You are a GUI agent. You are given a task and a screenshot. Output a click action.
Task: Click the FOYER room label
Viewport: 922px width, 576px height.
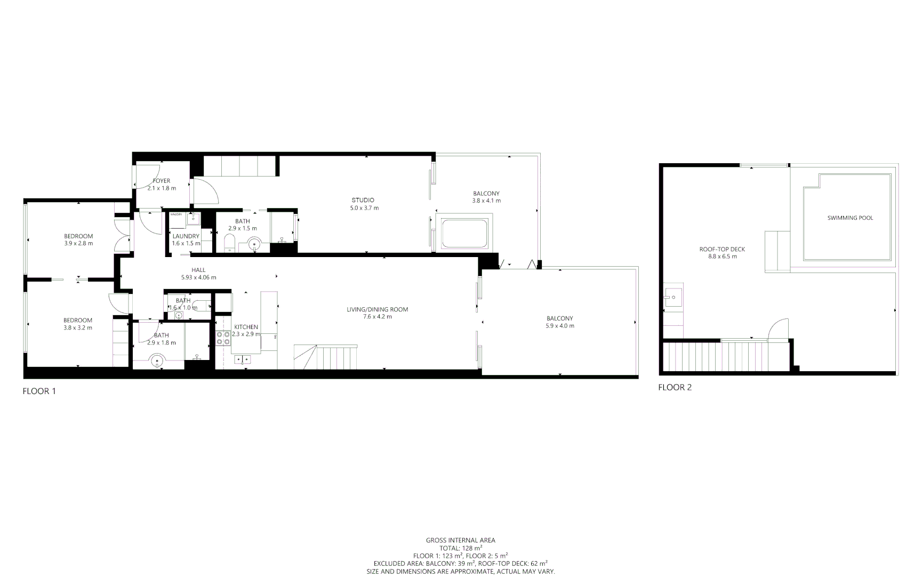(x=161, y=181)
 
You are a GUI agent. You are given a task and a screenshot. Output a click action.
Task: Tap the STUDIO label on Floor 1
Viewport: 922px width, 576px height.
(x=363, y=200)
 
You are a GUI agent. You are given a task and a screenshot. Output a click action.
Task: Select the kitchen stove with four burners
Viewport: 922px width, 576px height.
(x=223, y=338)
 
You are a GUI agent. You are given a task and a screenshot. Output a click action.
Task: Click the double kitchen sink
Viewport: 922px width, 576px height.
(x=243, y=360)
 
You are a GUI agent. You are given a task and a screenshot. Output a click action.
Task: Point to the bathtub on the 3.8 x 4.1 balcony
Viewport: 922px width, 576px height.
(x=464, y=233)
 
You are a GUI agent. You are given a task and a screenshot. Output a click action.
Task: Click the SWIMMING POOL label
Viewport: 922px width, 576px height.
(x=850, y=218)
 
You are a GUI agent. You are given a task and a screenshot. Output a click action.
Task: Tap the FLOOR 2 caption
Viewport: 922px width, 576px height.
(x=675, y=387)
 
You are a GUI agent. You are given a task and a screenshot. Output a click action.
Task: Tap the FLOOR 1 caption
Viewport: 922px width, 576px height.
(x=39, y=391)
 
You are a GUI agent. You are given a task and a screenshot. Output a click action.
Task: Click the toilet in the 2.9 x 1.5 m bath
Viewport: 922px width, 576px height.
(x=229, y=244)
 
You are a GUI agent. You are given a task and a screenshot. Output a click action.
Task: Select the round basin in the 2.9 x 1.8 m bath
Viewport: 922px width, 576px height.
(x=157, y=362)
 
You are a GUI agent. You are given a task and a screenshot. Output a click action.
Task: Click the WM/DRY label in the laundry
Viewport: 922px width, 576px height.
(x=176, y=214)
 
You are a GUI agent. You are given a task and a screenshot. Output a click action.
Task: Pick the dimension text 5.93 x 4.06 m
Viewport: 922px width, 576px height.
(x=198, y=277)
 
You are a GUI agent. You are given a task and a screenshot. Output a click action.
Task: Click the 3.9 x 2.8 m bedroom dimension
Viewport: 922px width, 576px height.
(x=78, y=243)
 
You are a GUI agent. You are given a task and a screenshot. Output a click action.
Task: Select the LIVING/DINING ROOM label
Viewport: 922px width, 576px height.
(x=377, y=309)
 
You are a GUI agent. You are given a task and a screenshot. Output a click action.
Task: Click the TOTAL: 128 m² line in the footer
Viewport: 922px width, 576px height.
(x=460, y=548)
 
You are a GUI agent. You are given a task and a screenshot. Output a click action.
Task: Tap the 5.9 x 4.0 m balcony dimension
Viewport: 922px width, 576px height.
(x=559, y=325)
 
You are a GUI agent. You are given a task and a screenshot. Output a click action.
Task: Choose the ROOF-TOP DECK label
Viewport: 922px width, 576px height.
(x=722, y=249)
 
